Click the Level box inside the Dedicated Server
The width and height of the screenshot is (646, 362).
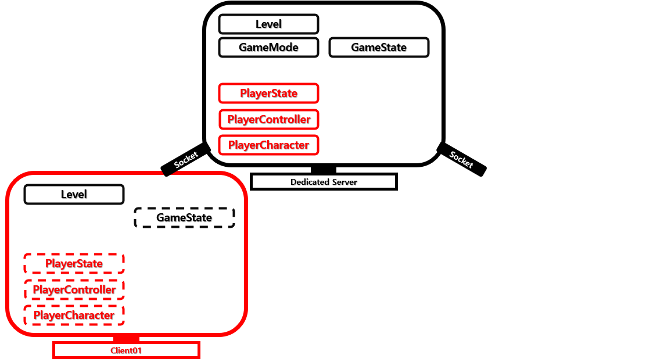(268, 24)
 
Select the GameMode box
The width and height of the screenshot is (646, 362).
(268, 48)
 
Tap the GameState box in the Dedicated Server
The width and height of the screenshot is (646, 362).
(379, 48)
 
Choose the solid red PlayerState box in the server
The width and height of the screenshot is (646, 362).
(268, 94)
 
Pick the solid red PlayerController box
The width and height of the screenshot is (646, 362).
(268, 120)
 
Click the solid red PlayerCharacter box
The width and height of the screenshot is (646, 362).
(268, 145)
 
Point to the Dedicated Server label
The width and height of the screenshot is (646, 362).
(324, 182)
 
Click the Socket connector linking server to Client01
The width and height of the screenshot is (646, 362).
(186, 159)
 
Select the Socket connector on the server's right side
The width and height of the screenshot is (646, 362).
(461, 159)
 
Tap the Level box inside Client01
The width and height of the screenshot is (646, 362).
(74, 195)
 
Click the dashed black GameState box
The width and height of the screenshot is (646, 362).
(184, 218)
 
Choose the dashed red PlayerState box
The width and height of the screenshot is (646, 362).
(74, 264)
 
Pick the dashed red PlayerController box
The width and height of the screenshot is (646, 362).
(74, 289)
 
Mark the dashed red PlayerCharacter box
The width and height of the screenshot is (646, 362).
(74, 316)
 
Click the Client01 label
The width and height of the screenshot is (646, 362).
(126, 350)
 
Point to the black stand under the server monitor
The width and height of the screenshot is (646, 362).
(324, 170)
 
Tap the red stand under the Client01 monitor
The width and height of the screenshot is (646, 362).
(126, 339)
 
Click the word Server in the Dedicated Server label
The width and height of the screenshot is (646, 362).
(344, 182)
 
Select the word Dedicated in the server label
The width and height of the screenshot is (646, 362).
(309, 182)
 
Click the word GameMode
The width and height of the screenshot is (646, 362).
(268, 48)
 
